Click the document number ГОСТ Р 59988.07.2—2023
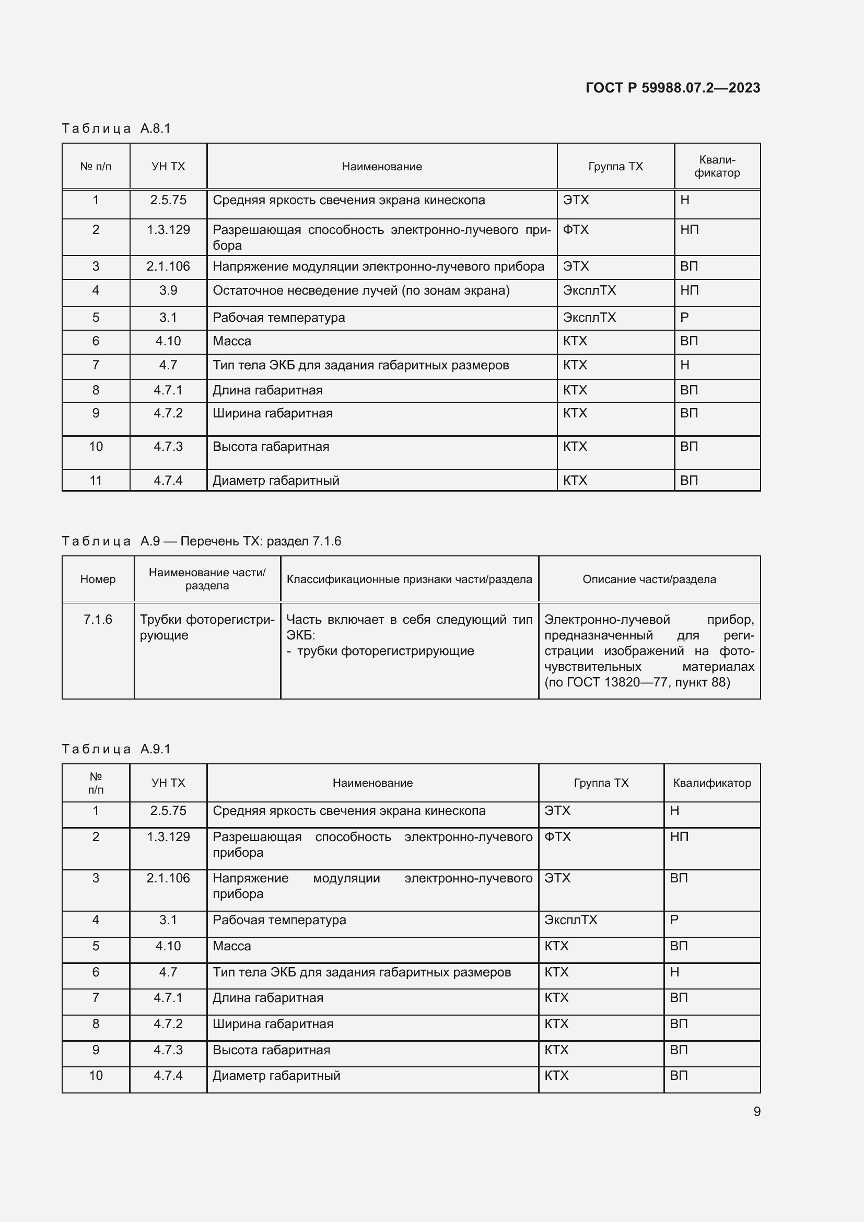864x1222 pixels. [x=672, y=88]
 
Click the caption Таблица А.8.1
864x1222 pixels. [x=116, y=129]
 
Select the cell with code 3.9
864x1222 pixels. [x=168, y=290]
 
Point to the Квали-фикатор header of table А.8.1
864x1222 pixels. [x=717, y=166]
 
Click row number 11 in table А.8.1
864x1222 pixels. [x=96, y=481]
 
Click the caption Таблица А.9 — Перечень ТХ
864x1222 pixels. [x=201, y=541]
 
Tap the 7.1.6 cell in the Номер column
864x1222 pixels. [x=98, y=620]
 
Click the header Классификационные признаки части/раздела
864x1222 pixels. [x=409, y=579]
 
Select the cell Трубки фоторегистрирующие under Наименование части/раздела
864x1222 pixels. [x=207, y=627]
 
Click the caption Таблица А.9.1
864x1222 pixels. [x=116, y=749]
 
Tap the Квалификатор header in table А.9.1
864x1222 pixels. [x=712, y=783]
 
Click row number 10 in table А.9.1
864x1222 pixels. [x=96, y=1076]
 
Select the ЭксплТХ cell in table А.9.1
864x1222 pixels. [x=570, y=920]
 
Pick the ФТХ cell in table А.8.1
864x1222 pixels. [x=576, y=230]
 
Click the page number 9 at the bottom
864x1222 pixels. [x=756, y=1112]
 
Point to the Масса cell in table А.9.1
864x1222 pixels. [x=232, y=946]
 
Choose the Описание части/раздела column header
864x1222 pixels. [x=649, y=579]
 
